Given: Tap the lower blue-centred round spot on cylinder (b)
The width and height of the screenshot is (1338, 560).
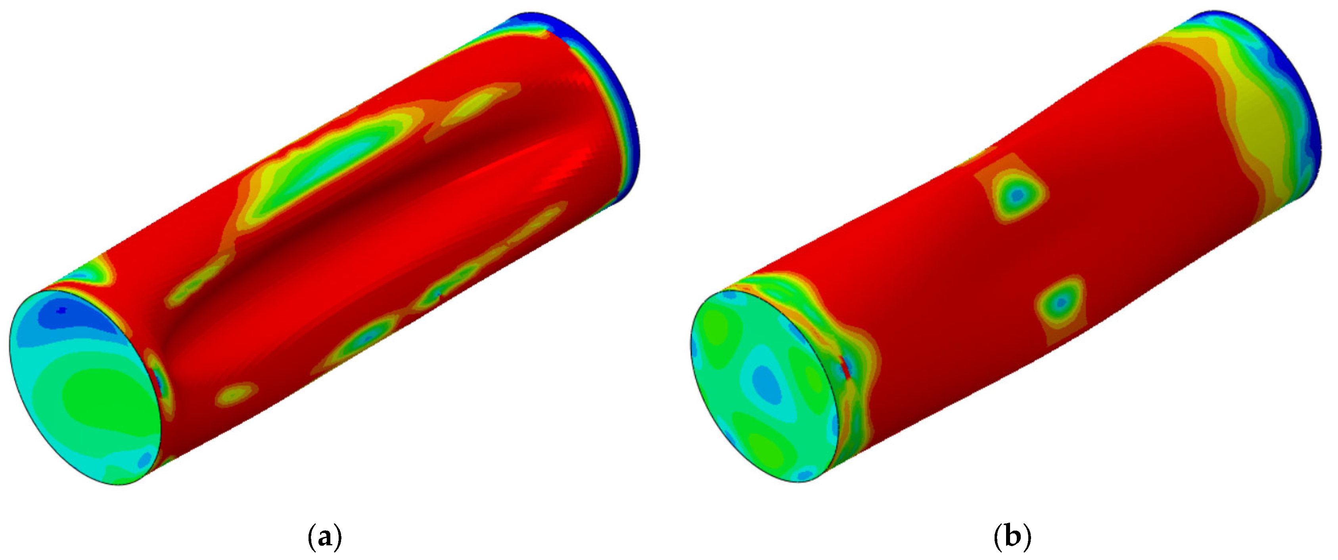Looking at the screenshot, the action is click(x=1060, y=301).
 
